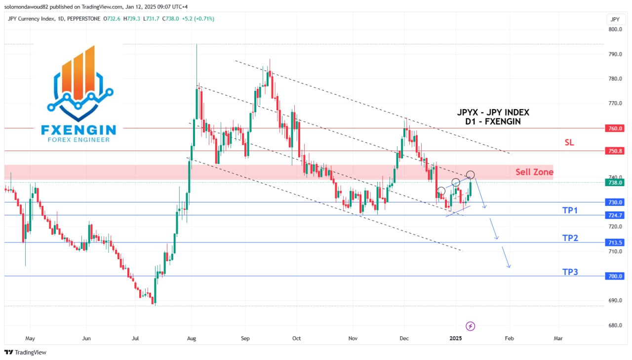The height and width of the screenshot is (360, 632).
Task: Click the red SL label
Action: pyautogui.click(x=569, y=142)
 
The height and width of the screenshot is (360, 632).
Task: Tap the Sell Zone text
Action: pyautogui.click(x=534, y=172)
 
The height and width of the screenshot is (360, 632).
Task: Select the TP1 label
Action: pyautogui.click(x=570, y=210)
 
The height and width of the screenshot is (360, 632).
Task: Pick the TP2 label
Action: pyautogui.click(x=570, y=238)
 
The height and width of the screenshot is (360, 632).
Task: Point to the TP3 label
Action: pyautogui.click(x=570, y=272)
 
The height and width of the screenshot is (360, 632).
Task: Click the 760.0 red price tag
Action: pyautogui.click(x=615, y=128)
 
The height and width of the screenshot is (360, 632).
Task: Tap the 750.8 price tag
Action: pyautogui.click(x=615, y=151)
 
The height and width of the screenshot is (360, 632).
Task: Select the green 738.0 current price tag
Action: pyautogui.click(x=615, y=182)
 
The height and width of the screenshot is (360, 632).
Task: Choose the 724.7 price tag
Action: pyautogui.click(x=615, y=215)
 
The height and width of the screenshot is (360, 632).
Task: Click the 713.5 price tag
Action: pyautogui.click(x=615, y=242)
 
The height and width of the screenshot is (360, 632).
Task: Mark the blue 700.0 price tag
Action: pyautogui.click(x=615, y=276)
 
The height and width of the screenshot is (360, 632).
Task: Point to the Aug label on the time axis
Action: pyautogui.click(x=192, y=339)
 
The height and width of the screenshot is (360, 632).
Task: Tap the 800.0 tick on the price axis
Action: pyautogui.click(x=615, y=30)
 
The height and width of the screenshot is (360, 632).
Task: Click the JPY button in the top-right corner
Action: pyautogui.click(x=615, y=19)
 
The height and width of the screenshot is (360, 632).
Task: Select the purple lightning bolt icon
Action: pyautogui.click(x=471, y=326)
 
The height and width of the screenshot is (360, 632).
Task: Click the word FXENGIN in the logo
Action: pyautogui.click(x=79, y=130)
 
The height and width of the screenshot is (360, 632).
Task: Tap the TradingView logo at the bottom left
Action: pyautogui.click(x=25, y=352)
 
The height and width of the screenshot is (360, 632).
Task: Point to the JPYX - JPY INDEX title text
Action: pyautogui.click(x=493, y=113)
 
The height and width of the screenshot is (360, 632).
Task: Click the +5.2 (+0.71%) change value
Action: pyautogui.click(x=197, y=19)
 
